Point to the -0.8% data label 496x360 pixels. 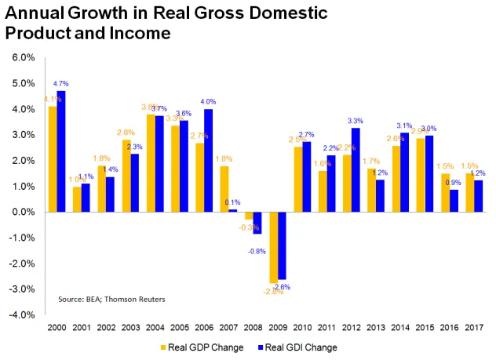255,251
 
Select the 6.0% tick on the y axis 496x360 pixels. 20,57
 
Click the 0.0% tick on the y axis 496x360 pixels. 20,212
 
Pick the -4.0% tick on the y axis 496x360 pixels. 20,315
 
